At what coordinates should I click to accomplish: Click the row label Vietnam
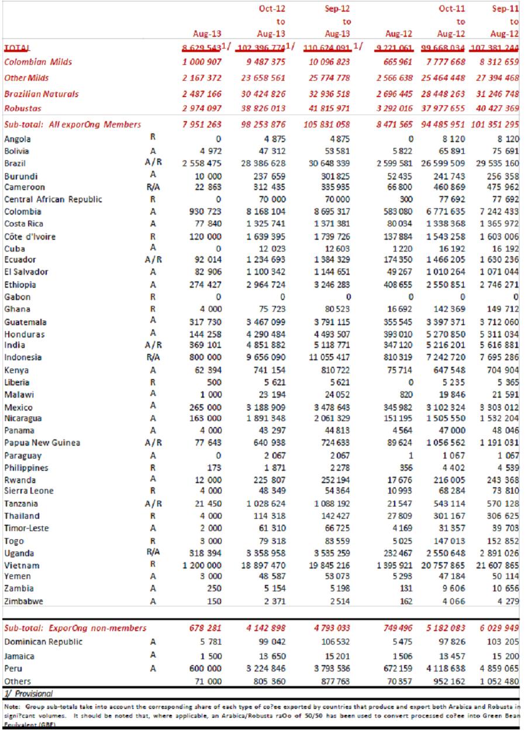(22, 566)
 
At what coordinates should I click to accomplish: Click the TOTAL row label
(17, 47)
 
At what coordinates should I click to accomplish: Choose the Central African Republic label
(53, 199)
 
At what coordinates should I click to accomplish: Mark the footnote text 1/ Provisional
(27, 693)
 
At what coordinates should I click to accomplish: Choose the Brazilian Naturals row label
(41, 94)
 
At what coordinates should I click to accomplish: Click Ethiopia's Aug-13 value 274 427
(204, 285)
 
